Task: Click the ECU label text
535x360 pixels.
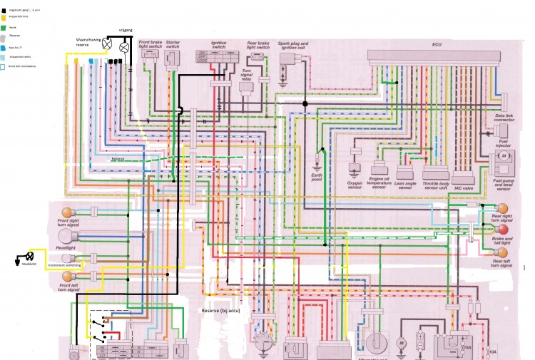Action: pos(437,44)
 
